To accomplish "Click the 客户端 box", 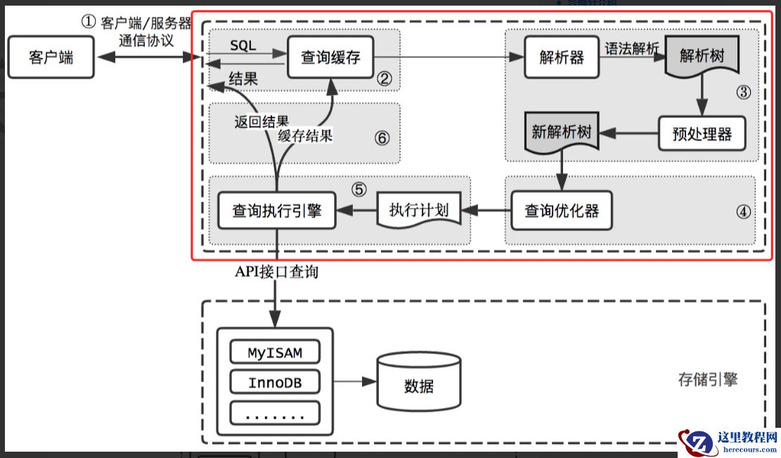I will coord(50,57).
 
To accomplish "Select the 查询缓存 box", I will coord(330,57).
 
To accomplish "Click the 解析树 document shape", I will coord(702,54).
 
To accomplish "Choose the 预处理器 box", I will coord(701,133).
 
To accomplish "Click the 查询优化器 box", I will coord(561,210).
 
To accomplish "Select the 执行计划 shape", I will coord(419,210).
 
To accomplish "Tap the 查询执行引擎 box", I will coord(276,210).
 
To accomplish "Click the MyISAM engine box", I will coord(275,352).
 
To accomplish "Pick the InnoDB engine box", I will coord(275,383).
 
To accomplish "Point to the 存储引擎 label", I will coord(708,380).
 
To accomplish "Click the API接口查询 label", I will coord(276,271).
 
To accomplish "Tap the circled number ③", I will coord(744,92).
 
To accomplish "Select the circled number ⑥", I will coord(382,138).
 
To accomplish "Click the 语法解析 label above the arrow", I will coord(631,48).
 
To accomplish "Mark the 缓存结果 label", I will coord(305,136).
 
